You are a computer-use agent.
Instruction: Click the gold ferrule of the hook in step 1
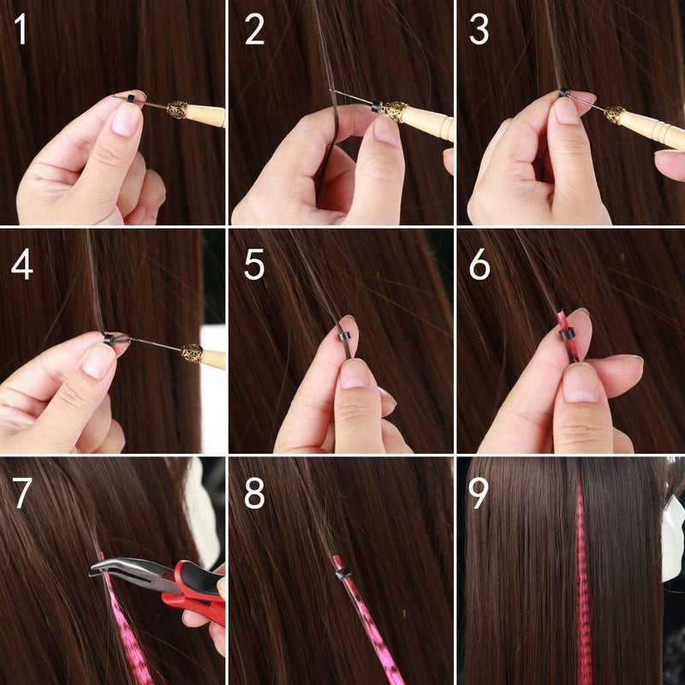pyautogui.click(x=177, y=110)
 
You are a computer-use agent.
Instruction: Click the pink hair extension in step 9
pyautogui.click(x=582, y=582)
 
